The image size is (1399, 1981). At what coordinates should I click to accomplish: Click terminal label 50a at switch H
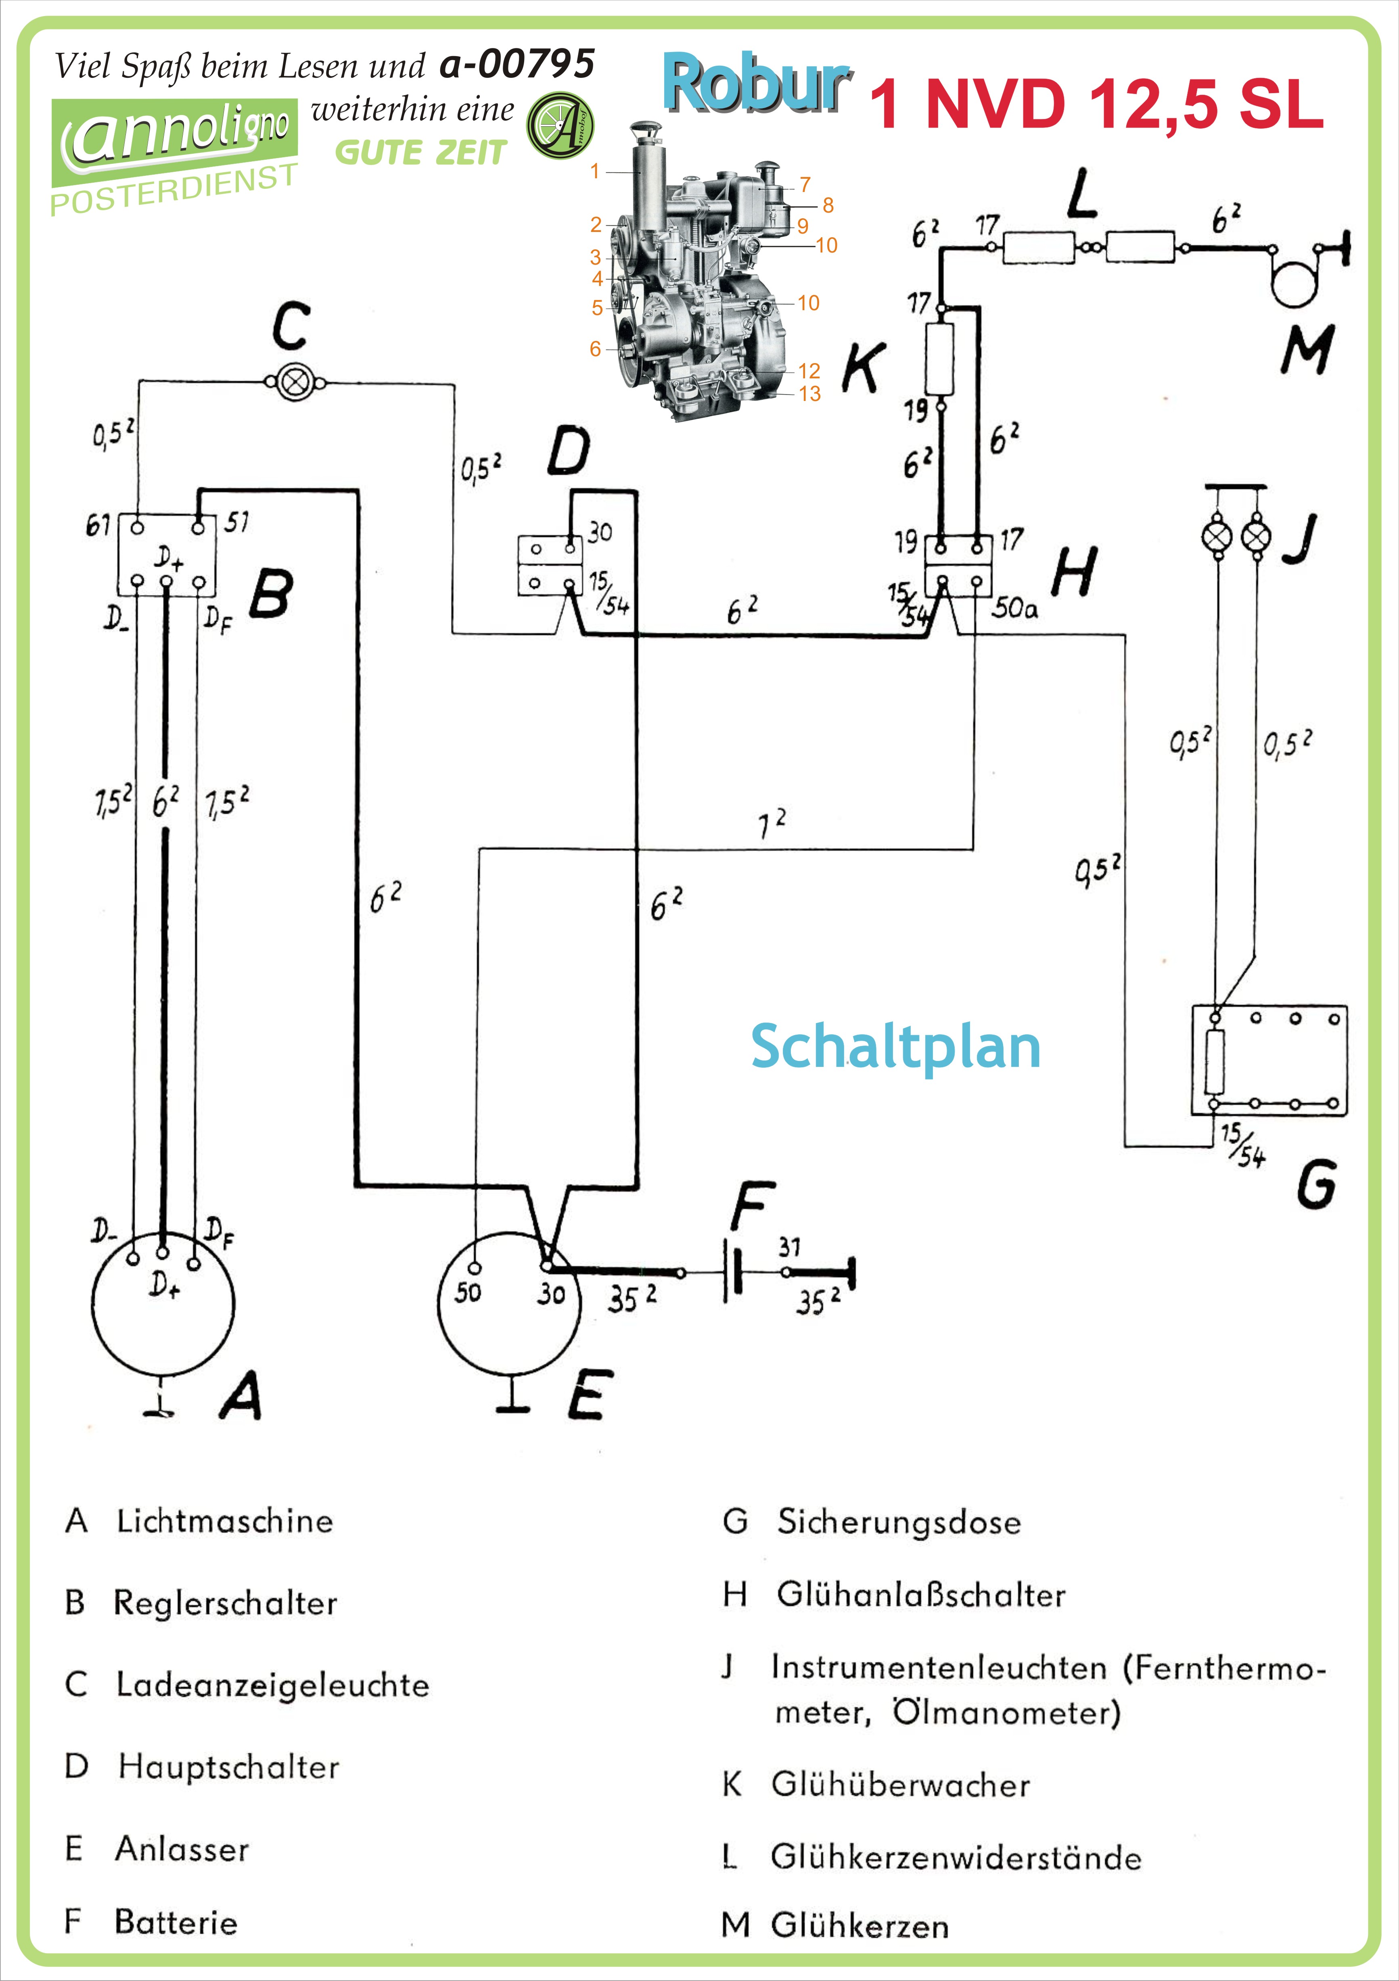(1014, 608)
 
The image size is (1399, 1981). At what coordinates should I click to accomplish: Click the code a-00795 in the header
(516, 64)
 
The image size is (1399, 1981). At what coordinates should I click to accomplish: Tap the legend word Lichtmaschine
(224, 1521)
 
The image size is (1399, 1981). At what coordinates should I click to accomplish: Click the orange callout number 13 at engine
(809, 394)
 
